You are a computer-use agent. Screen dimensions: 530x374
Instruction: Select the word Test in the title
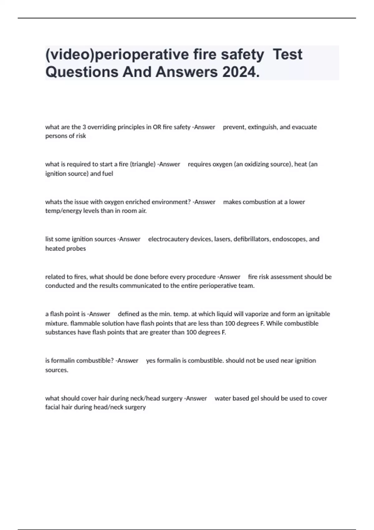[287, 54]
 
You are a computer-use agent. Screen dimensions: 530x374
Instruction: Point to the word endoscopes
[290, 239]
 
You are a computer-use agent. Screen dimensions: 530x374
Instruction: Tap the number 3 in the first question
[84, 127]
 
